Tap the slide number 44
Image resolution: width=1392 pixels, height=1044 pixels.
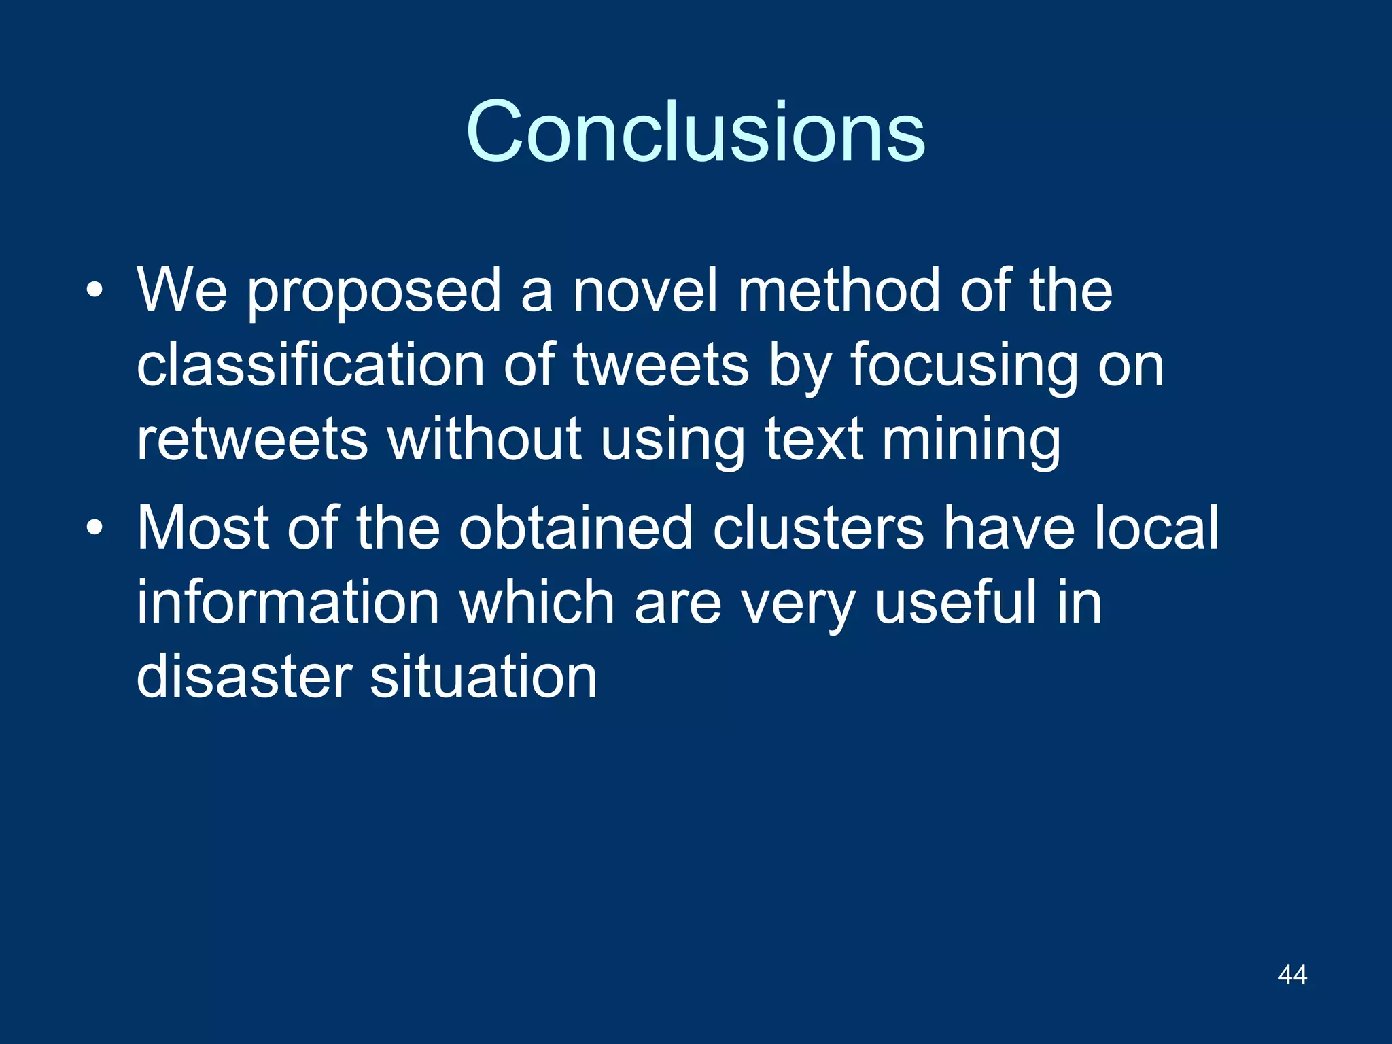pos(1292,975)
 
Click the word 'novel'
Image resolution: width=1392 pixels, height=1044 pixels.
pos(645,290)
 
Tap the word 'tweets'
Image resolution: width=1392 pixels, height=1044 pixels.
pos(661,365)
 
